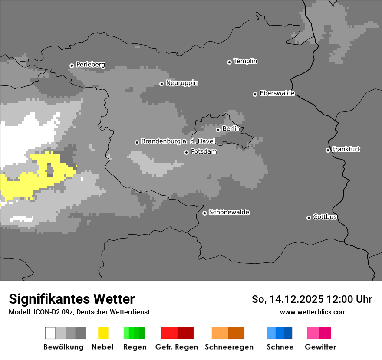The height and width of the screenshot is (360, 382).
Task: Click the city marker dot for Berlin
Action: (x=218, y=130)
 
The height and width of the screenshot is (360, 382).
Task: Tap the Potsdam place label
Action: (x=204, y=152)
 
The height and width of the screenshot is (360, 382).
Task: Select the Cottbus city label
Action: (x=325, y=217)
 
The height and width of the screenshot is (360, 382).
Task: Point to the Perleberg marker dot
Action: (x=72, y=66)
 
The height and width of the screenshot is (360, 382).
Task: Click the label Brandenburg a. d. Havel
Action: (x=178, y=141)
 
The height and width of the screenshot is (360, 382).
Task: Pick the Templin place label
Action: (x=245, y=61)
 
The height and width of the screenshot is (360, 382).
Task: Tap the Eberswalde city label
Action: (x=277, y=93)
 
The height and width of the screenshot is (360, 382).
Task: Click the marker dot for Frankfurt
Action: (x=328, y=151)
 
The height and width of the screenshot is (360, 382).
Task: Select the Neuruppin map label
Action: (x=181, y=83)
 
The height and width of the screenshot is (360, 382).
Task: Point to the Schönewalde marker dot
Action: (x=204, y=213)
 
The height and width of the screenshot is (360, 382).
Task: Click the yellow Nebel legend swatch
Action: (x=103, y=333)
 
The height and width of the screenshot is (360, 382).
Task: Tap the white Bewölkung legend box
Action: (x=50, y=333)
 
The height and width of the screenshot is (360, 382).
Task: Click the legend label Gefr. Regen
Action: (x=177, y=347)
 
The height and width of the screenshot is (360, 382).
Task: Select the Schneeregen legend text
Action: (x=229, y=347)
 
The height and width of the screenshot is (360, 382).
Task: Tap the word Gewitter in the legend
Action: (x=320, y=347)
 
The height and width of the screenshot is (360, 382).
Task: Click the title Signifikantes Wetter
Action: (x=72, y=299)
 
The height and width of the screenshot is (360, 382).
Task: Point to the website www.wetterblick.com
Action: (x=313, y=312)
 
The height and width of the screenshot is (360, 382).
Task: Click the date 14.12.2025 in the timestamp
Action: (x=296, y=299)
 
